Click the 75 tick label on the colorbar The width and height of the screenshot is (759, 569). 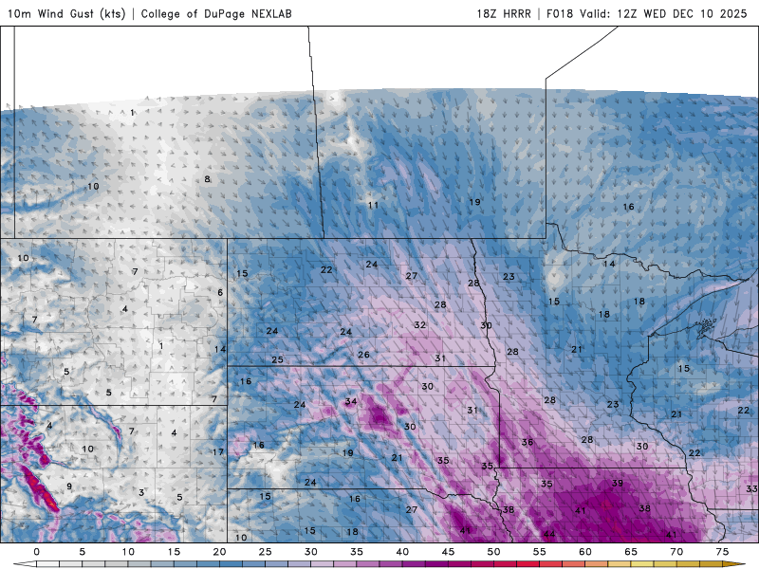pyautogui.click(x=722, y=551)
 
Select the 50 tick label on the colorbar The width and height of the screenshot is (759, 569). pyautogui.click(x=493, y=551)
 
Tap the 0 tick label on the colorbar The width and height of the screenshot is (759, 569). pyautogui.click(x=36, y=551)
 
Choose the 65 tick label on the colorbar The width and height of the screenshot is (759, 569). pyautogui.click(x=631, y=551)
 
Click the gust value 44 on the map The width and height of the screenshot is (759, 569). pyautogui.click(x=548, y=535)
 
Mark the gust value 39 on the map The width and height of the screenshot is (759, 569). pyautogui.click(x=618, y=484)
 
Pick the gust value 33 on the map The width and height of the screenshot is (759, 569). pyautogui.click(x=751, y=488)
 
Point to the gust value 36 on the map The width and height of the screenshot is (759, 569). pyautogui.click(x=528, y=443)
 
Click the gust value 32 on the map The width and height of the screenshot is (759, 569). pyautogui.click(x=419, y=325)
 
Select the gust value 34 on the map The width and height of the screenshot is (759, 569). pyautogui.click(x=351, y=401)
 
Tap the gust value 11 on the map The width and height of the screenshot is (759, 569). pyautogui.click(x=373, y=205)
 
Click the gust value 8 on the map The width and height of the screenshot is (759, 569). pyautogui.click(x=207, y=179)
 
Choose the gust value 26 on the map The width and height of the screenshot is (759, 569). pyautogui.click(x=363, y=355)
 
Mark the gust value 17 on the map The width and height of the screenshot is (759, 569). pyautogui.click(x=218, y=452)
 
